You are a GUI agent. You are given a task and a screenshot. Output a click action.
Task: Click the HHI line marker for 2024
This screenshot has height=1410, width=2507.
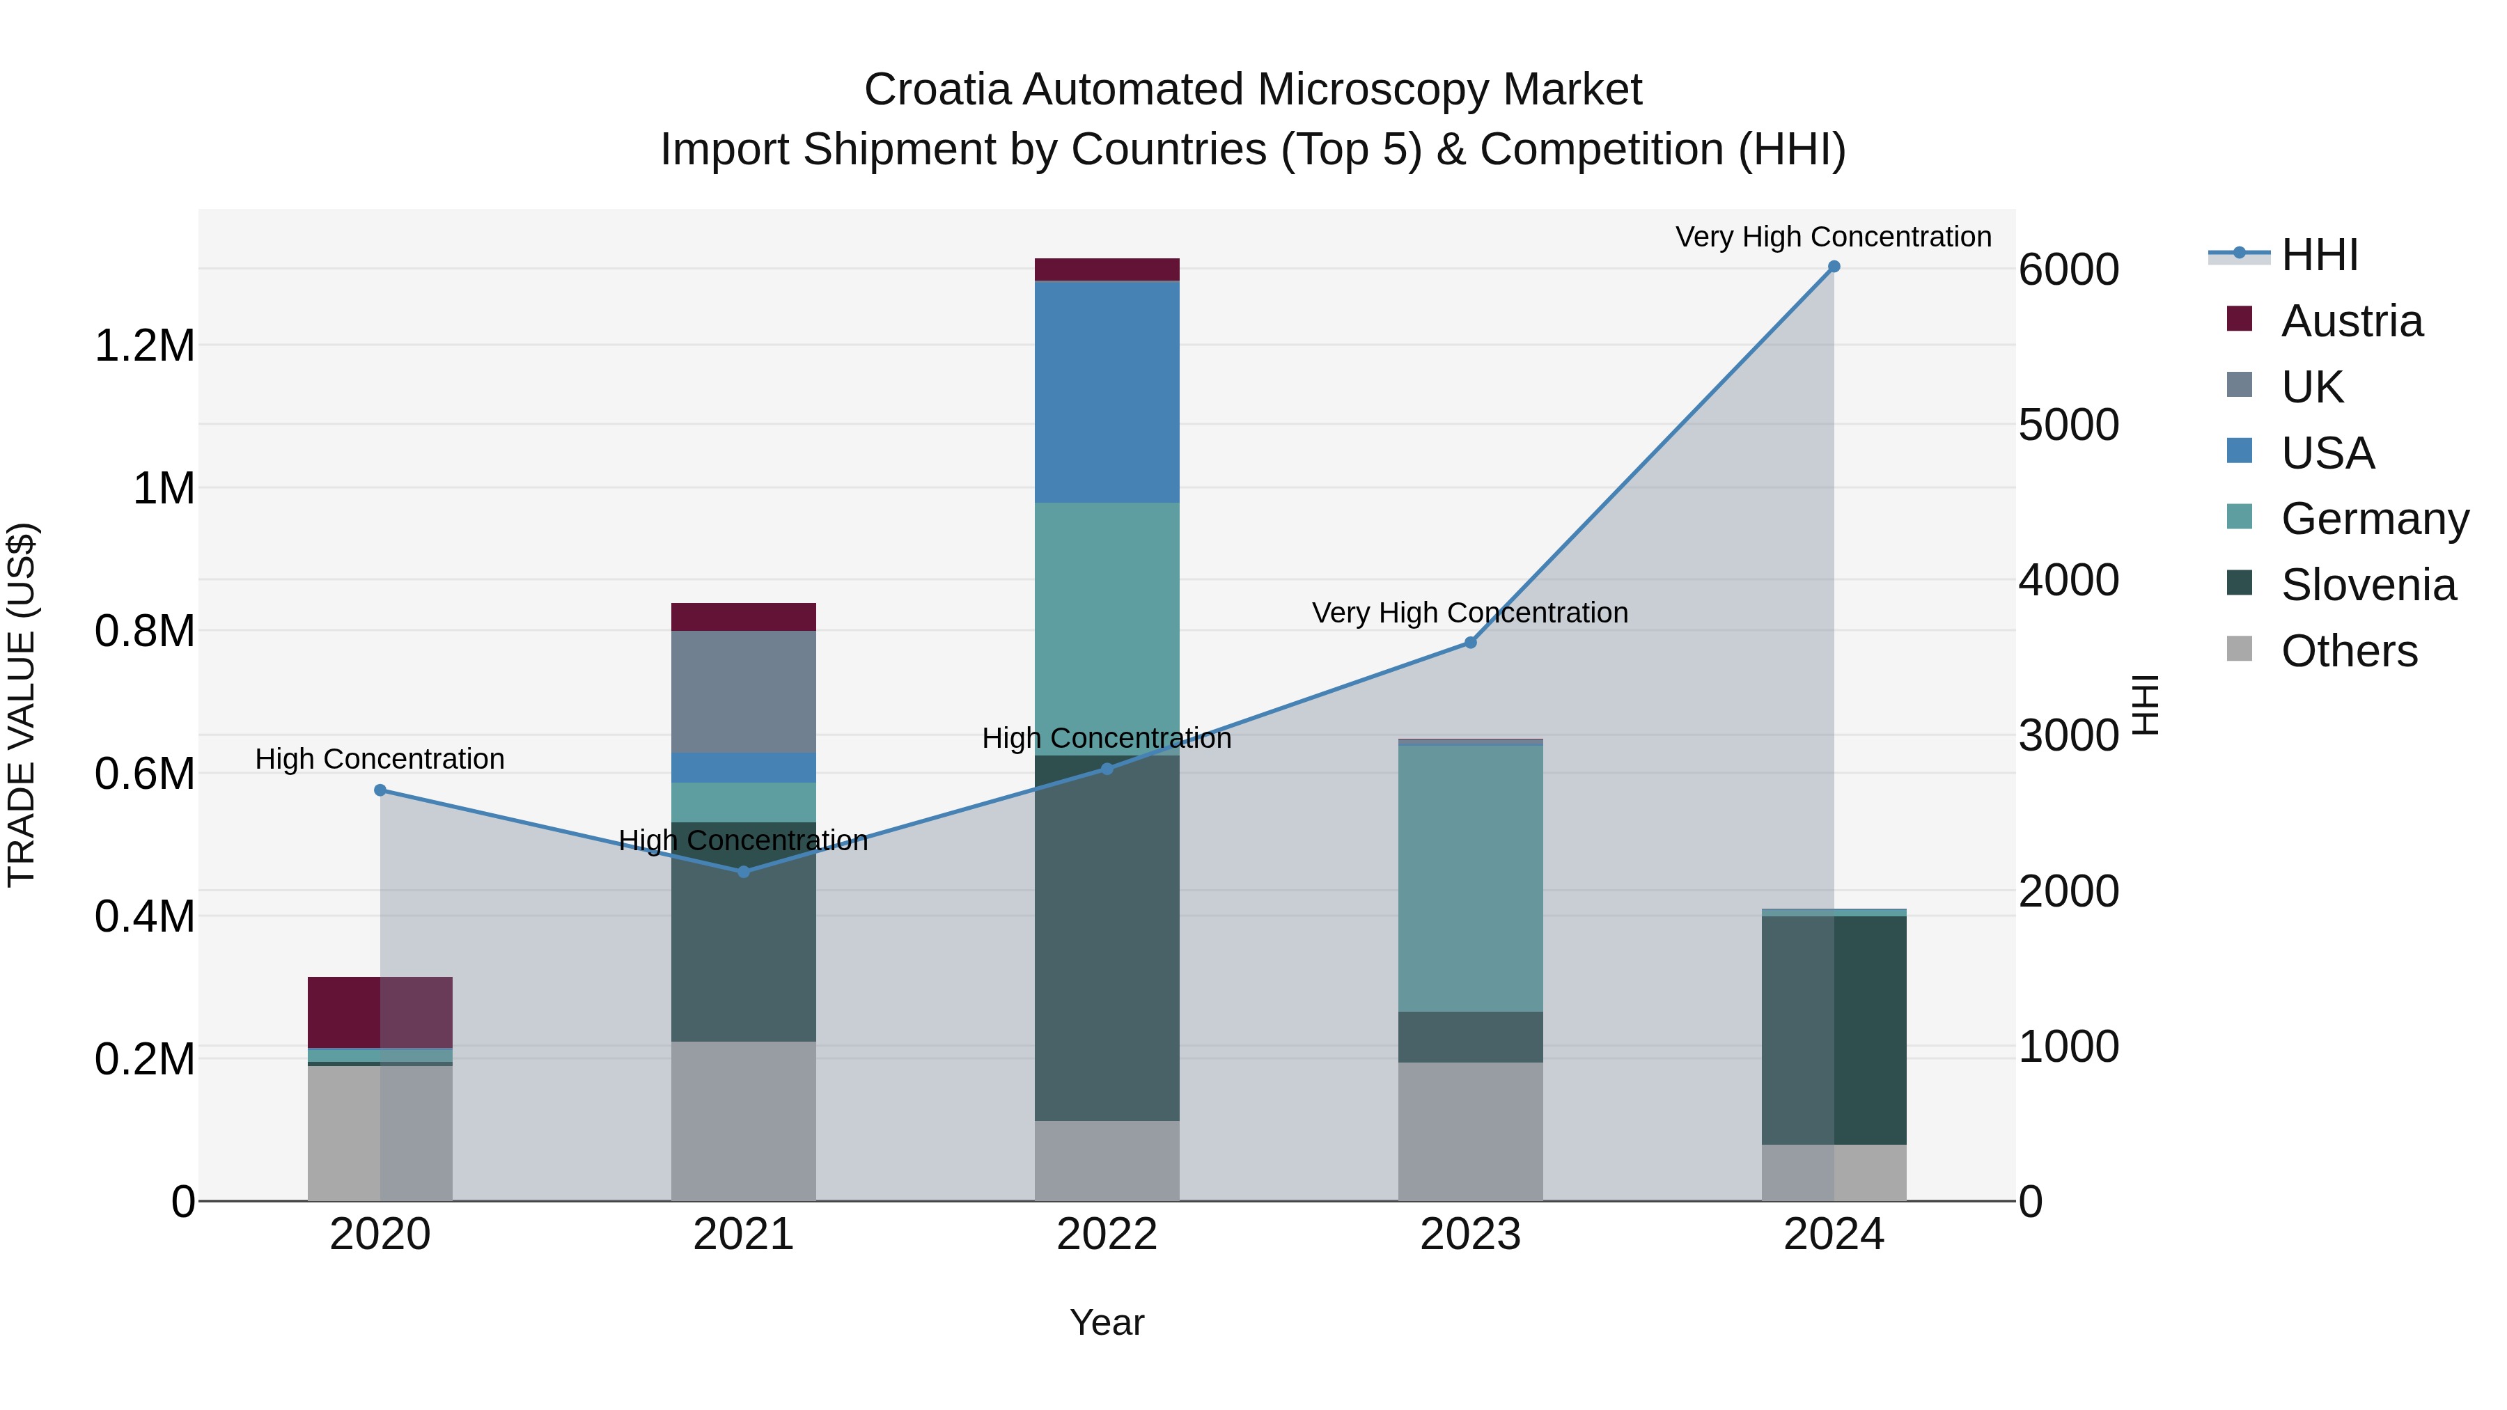pos(1834,267)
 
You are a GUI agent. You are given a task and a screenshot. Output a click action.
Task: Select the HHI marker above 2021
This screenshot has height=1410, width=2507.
pos(744,872)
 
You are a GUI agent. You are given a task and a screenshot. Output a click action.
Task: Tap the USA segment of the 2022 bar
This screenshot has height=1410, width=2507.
pos(1107,391)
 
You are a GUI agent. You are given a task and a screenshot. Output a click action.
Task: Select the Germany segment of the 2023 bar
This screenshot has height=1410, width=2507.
pos(1471,878)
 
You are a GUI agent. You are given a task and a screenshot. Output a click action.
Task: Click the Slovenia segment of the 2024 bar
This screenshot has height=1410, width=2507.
pos(1834,1030)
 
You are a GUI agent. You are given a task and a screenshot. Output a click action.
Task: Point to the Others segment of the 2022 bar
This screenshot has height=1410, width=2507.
pos(1107,1160)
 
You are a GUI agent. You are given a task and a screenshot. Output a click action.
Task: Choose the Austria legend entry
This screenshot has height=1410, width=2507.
pos(2350,321)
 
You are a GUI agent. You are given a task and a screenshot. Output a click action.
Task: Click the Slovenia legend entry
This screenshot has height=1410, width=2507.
pos(2367,585)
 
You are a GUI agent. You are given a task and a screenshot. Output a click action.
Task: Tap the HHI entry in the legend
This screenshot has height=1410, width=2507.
pos(2318,255)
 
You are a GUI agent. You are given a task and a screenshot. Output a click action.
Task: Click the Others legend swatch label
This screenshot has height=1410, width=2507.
pos(2348,651)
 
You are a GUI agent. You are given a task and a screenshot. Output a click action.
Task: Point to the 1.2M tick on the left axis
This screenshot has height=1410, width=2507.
pos(144,345)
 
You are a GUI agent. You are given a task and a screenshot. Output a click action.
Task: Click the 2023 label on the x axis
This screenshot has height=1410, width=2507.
pos(1471,1234)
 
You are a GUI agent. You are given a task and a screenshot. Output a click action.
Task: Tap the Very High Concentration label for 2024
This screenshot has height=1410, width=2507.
pos(1834,237)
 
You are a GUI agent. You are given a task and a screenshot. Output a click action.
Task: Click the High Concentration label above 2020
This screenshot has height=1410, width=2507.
pos(380,759)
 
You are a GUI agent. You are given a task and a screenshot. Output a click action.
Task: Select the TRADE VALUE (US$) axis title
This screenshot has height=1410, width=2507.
pos(22,705)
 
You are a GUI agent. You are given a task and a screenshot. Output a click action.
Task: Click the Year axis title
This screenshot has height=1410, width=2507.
pos(1107,1322)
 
